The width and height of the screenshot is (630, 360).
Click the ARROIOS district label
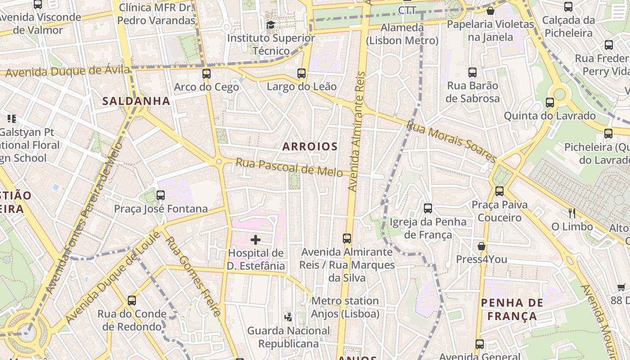click(x=310, y=146)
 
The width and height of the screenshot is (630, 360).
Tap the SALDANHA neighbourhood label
click(x=136, y=101)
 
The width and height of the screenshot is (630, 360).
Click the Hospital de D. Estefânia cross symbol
click(x=256, y=240)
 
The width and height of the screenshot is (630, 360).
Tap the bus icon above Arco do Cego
click(x=207, y=74)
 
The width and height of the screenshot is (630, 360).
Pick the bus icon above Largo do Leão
click(x=301, y=73)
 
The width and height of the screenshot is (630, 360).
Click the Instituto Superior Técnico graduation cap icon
click(x=270, y=25)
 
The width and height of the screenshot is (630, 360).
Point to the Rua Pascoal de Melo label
click(x=289, y=168)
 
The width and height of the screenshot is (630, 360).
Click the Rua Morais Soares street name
click(x=451, y=141)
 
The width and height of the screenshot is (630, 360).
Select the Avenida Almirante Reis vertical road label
click(x=355, y=130)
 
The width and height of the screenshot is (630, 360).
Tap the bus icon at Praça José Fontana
click(x=161, y=195)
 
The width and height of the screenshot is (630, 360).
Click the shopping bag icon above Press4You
click(x=481, y=246)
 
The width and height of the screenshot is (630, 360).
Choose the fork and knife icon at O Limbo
click(x=572, y=213)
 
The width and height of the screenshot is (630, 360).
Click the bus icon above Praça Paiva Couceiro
click(x=499, y=191)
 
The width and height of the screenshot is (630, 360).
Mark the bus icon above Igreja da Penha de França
click(x=428, y=208)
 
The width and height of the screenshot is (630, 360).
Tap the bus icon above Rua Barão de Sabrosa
click(x=472, y=72)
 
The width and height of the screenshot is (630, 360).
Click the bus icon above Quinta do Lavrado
click(x=550, y=103)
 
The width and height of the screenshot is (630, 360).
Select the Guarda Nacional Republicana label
click(x=288, y=337)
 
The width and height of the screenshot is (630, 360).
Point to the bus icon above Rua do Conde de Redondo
click(x=132, y=301)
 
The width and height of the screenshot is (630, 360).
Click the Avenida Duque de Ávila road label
click(x=67, y=71)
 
